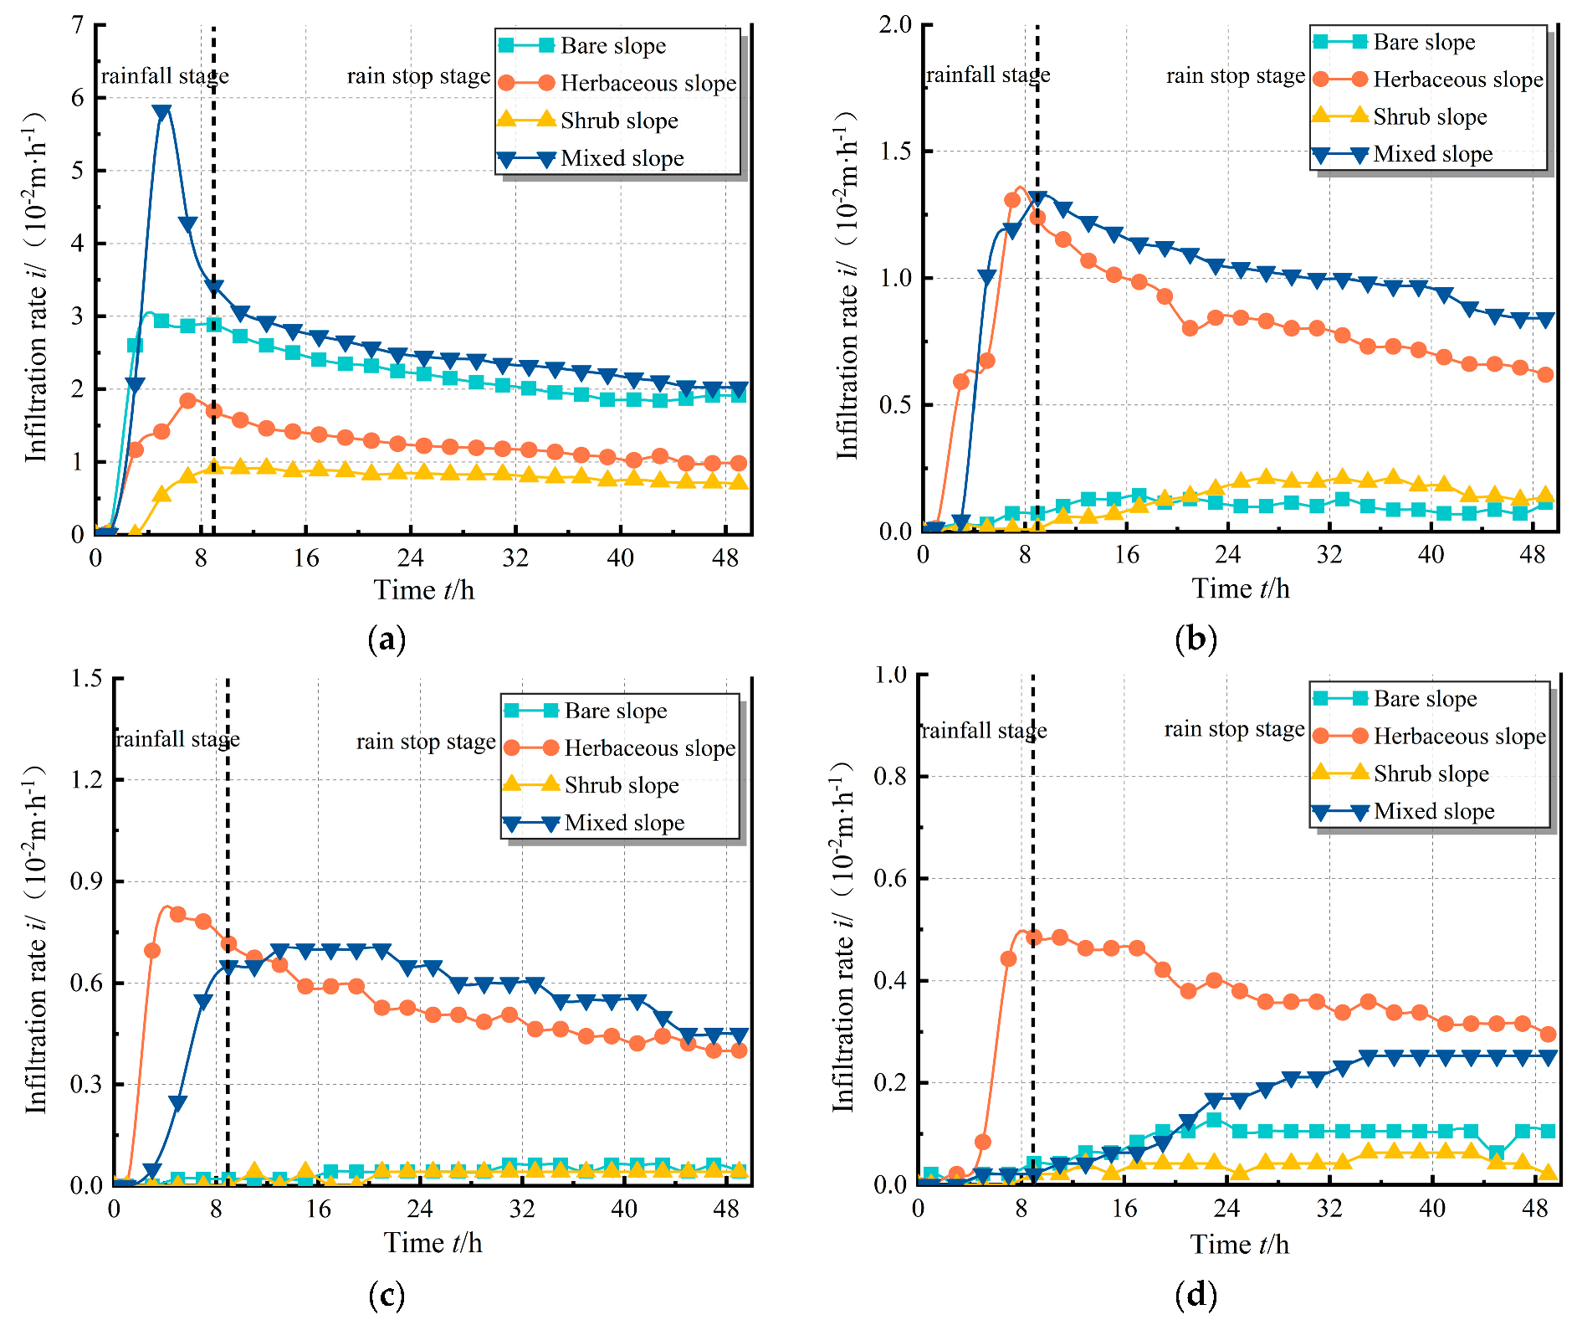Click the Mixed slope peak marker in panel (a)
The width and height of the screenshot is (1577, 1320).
tap(162, 112)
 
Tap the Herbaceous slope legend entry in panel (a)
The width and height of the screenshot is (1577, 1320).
tap(648, 83)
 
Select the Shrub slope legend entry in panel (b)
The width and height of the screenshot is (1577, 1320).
tap(1430, 116)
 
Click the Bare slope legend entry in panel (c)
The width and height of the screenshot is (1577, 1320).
tap(616, 711)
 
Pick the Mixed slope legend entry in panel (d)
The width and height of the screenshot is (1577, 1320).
tap(1434, 811)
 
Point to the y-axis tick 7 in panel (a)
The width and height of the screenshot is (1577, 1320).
tap(78, 25)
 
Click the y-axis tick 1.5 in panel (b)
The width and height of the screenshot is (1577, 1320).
tap(895, 151)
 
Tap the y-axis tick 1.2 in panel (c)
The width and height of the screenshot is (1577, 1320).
tap(87, 779)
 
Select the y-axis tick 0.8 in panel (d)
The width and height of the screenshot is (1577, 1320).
tap(890, 776)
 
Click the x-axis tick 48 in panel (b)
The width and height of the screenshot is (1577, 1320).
tap(1533, 555)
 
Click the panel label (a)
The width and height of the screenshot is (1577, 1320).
tap(387, 639)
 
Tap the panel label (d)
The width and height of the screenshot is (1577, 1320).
tap(1196, 1295)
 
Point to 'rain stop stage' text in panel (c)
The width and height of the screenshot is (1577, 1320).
tap(426, 742)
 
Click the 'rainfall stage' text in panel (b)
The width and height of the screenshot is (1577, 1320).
tap(988, 75)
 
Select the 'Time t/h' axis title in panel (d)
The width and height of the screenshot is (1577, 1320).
tap(1240, 1245)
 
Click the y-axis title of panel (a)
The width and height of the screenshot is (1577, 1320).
tap(36, 285)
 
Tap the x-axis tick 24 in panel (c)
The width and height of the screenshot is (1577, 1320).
tap(420, 1209)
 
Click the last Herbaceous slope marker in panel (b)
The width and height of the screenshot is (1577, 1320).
tap(1545, 374)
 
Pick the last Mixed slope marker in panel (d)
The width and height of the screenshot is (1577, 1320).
tap(1548, 1057)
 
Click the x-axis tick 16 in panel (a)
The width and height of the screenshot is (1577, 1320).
tap(306, 557)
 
